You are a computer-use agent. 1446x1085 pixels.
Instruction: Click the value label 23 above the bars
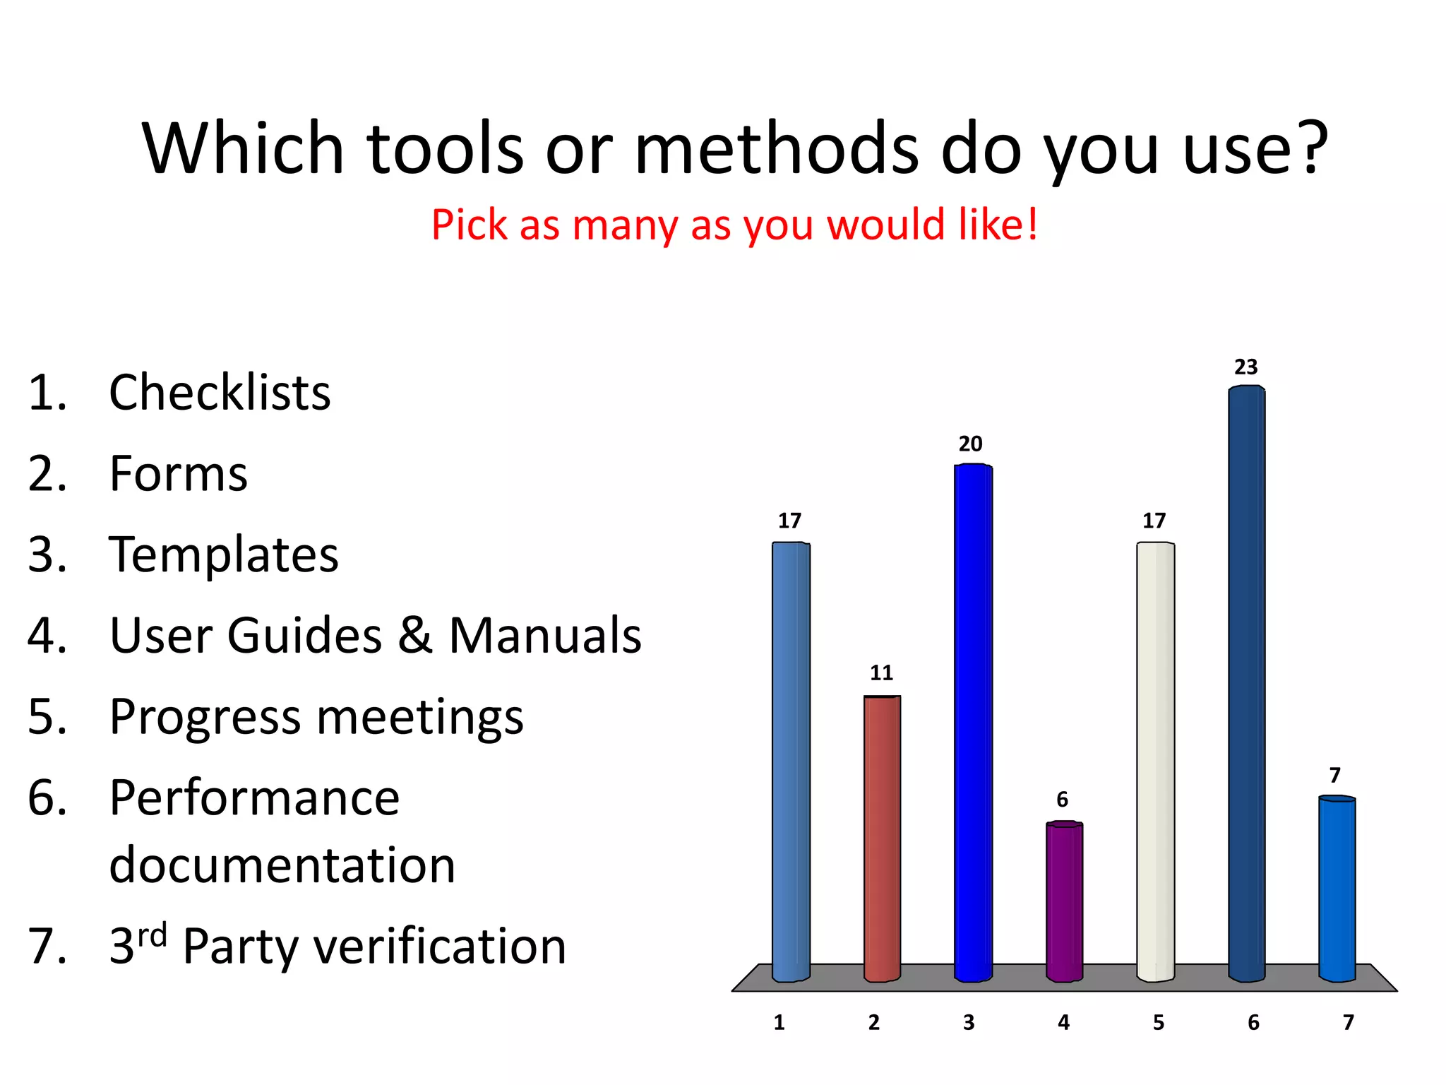click(1245, 367)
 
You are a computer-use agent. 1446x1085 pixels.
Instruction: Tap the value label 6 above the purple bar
click(1062, 800)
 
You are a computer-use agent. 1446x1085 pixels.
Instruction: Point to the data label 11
click(881, 672)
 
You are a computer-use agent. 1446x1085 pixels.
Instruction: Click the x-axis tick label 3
click(969, 1023)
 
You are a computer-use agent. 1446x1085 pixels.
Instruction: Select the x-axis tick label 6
click(1253, 1023)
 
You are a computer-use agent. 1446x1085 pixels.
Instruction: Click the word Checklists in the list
click(220, 393)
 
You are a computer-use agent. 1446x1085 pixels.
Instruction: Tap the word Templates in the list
click(224, 555)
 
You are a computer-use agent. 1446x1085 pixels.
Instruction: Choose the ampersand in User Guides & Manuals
click(414, 635)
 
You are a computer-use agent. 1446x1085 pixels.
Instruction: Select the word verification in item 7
click(439, 947)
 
